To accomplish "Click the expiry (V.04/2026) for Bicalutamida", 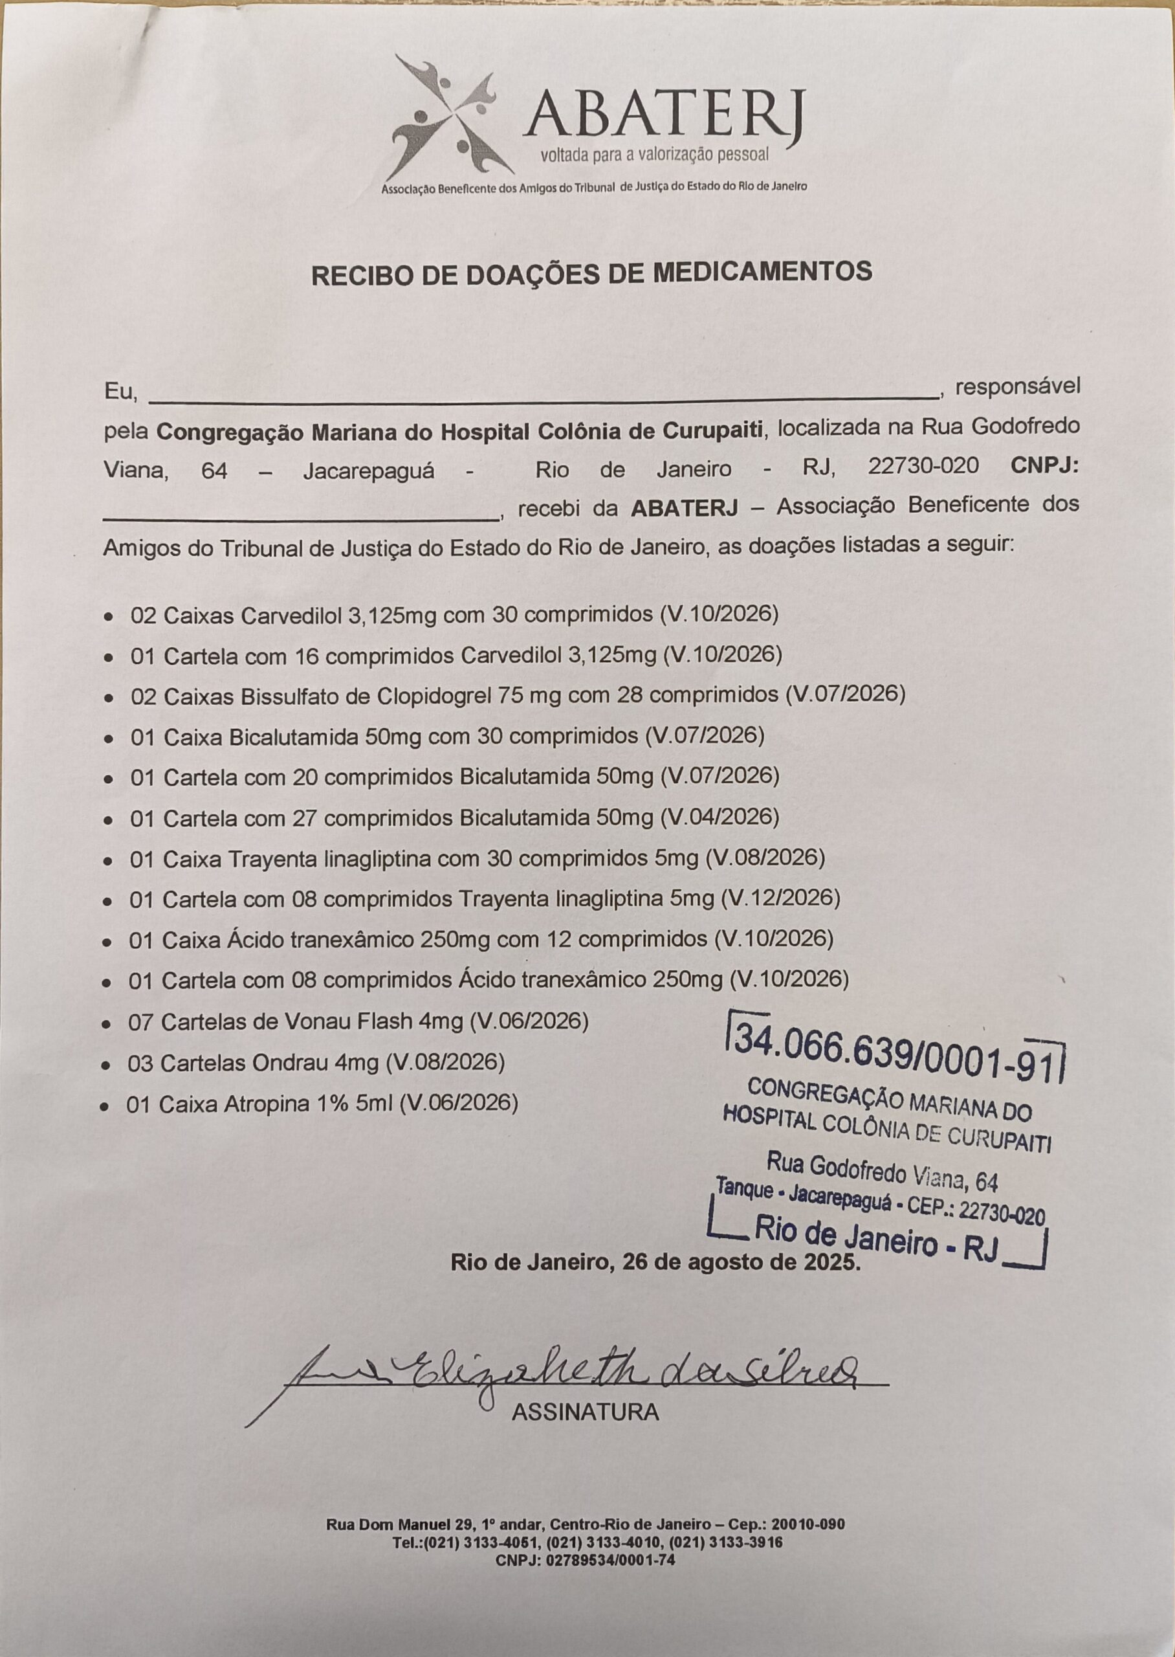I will click(721, 817).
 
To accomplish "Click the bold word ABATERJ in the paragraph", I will click(684, 507).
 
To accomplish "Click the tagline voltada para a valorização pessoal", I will click(655, 155).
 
